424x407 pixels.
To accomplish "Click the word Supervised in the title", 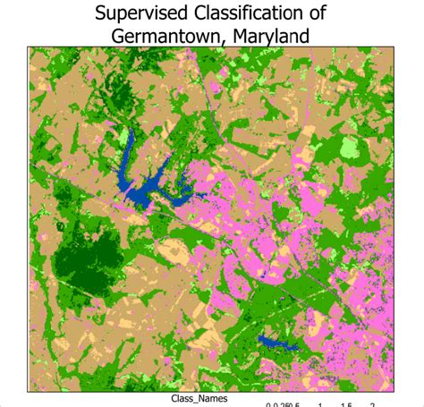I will (x=145, y=13).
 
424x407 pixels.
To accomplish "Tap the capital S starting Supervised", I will (x=106, y=13).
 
